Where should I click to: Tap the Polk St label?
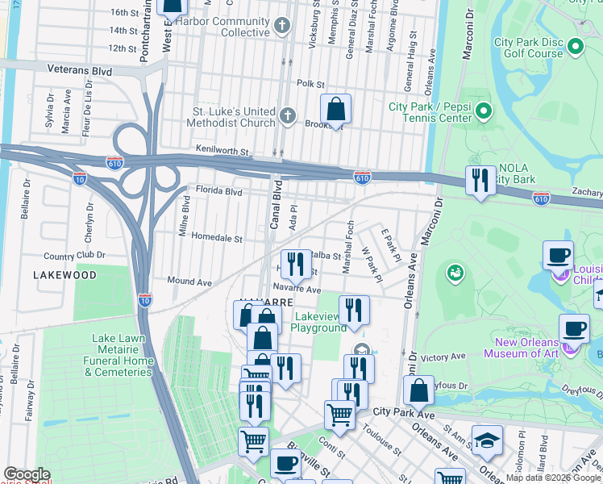pyautogui.click(x=310, y=84)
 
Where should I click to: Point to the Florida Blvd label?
pyautogui.click(x=218, y=192)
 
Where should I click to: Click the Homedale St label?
pyautogui.click(x=210, y=239)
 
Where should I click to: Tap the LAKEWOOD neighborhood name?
pyautogui.click(x=65, y=275)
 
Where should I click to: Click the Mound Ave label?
pyautogui.click(x=189, y=282)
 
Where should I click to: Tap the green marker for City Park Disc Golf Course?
pyautogui.click(x=575, y=48)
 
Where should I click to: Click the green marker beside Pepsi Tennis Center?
pyautogui.click(x=484, y=111)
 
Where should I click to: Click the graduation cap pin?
pyautogui.click(x=487, y=440)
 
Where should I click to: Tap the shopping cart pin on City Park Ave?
pyautogui.click(x=339, y=415)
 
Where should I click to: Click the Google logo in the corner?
pyautogui.click(x=27, y=474)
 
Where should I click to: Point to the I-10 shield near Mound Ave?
pyautogui.click(x=144, y=298)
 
